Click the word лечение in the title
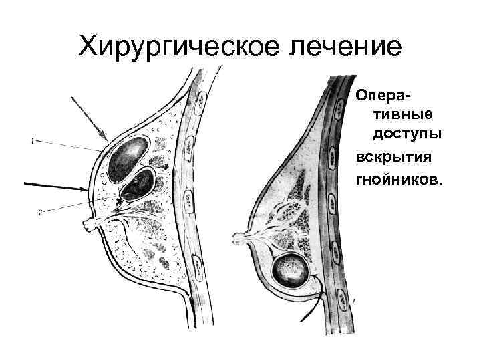pyautogui.click(x=339, y=46)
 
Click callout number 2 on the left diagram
pyautogui.click(x=40, y=213)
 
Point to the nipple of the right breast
pyautogui.click(x=236, y=236)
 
